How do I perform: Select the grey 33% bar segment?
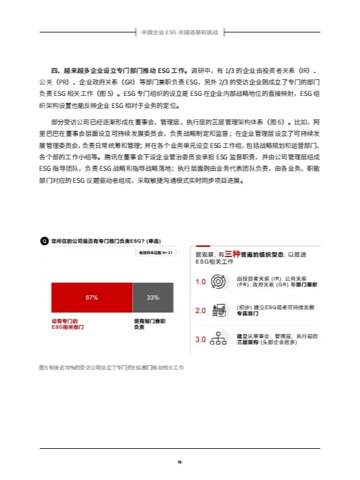[152, 297]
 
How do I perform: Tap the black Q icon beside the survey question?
[44, 241]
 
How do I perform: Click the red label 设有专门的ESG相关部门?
[68, 325]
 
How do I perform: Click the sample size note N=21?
[156, 253]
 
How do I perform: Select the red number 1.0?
[201, 282]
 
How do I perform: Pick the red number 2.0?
[201, 310]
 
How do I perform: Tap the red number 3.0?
[201, 340]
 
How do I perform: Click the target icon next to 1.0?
[218, 282]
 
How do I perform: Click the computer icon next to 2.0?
[218, 310]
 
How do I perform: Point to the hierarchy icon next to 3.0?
[218, 340]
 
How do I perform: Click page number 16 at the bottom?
[180, 462]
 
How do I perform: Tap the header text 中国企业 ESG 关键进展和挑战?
[180, 31]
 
